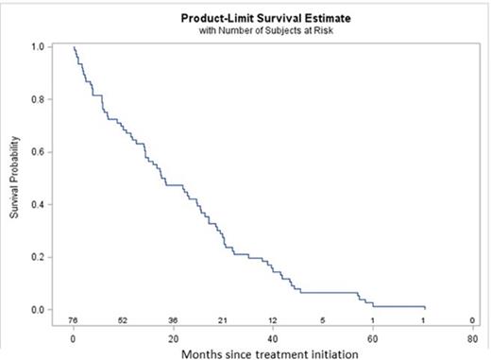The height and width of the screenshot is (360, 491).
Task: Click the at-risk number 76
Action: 74,319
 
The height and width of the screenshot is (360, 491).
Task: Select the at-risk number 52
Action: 123,319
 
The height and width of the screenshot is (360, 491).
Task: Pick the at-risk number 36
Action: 173,319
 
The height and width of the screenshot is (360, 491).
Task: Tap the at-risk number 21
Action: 223,319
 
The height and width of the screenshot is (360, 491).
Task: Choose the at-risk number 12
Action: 272,319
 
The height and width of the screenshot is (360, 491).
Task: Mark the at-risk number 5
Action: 322,319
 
